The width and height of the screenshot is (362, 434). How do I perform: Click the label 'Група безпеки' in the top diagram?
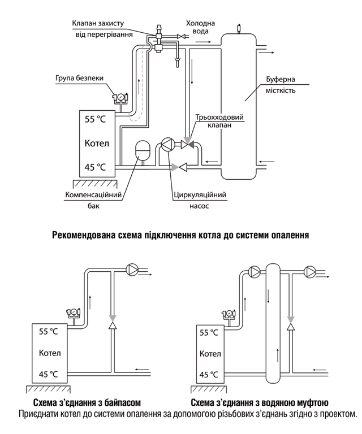coord(79,79)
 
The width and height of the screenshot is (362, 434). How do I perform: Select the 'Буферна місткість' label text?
coord(286,85)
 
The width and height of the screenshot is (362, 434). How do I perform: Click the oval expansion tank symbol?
coord(141,150)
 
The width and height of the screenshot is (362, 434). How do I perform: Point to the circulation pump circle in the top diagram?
coord(167,144)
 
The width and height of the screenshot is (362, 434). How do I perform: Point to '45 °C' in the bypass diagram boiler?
coord(50,374)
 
